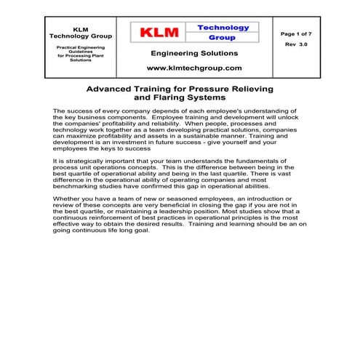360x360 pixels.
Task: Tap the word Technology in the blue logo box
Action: click(223, 28)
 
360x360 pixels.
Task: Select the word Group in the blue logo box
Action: click(222, 38)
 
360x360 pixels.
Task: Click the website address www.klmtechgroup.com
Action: click(193, 68)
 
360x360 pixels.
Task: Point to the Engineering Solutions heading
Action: click(193, 54)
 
